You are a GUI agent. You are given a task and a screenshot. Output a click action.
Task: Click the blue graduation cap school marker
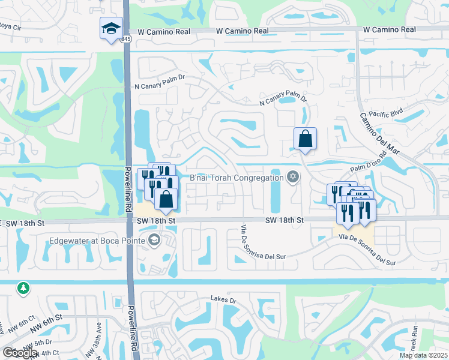coord(110,28)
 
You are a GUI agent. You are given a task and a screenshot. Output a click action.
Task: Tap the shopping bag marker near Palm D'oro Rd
coord(306,139)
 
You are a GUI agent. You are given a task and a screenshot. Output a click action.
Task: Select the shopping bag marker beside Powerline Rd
coord(166,199)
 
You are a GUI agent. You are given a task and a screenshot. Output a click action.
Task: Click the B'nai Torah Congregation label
coord(236,178)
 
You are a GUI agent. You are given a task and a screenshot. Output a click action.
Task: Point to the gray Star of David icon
coord(292,176)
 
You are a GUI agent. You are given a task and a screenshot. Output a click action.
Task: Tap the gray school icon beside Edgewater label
coord(154,241)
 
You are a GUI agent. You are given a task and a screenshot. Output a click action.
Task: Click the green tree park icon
coord(23,289)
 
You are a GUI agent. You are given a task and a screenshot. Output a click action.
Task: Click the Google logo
coord(20,353)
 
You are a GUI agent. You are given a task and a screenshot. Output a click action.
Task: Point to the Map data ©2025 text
coord(423,355)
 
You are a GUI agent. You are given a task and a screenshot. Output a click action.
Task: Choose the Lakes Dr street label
coord(224,298)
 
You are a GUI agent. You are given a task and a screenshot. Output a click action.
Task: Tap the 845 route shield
coord(125,39)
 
